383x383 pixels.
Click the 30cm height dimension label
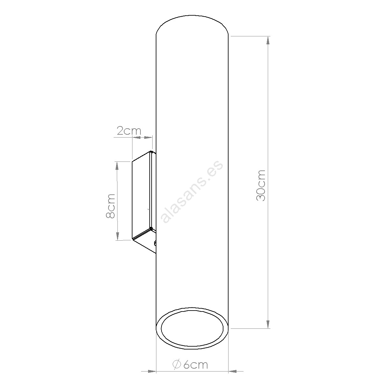click(261, 186)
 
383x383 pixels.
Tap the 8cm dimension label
click(110, 206)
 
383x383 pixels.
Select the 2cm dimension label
click(129, 131)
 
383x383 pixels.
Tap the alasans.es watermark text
click(191, 192)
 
